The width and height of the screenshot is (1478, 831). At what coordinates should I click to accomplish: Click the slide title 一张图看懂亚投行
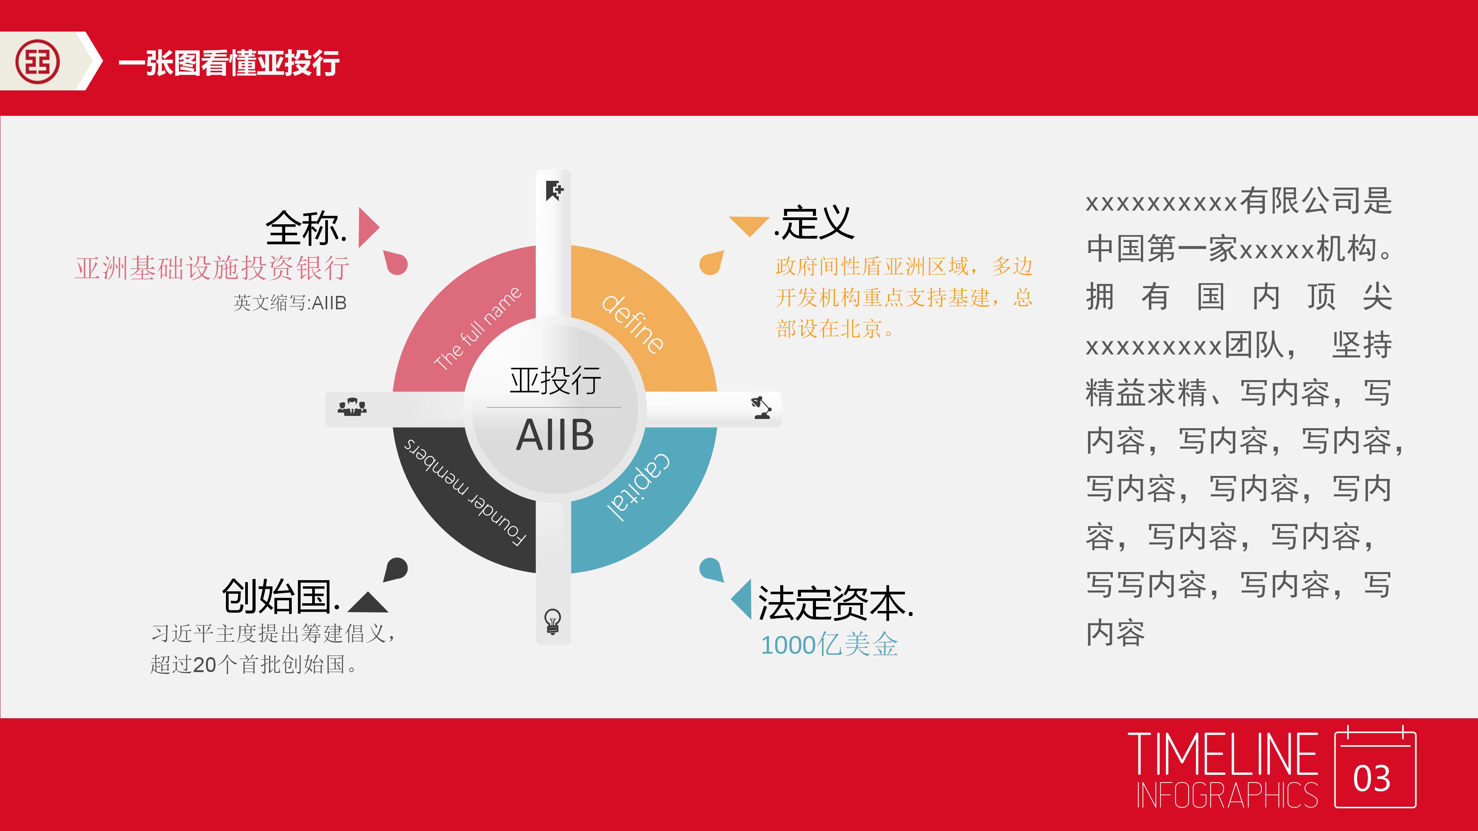click(228, 62)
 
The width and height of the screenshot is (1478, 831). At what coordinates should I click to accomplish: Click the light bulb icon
click(553, 621)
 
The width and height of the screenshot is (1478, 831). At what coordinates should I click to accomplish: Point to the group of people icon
click(352, 407)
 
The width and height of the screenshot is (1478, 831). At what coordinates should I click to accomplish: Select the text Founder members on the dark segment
click(465, 492)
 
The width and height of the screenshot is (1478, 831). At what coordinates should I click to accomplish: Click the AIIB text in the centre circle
click(554, 435)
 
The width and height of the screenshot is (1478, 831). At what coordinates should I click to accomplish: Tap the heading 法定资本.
click(835, 603)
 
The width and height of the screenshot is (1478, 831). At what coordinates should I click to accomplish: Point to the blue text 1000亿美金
click(829, 645)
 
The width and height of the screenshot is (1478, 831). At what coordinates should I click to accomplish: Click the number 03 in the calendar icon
click(1371, 779)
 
